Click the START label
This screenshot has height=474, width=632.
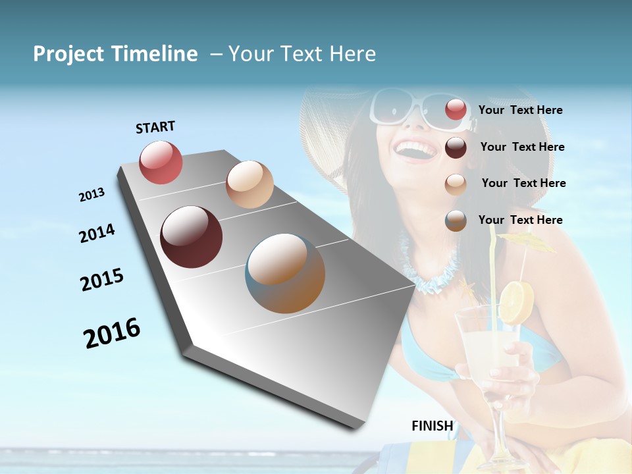(x=155, y=127)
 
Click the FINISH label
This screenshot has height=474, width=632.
(x=433, y=426)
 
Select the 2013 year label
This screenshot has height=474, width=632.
(x=92, y=195)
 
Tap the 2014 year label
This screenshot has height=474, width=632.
(x=97, y=233)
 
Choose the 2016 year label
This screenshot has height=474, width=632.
(x=112, y=332)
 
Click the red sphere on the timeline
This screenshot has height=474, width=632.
(x=161, y=162)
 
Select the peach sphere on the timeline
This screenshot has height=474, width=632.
(x=250, y=184)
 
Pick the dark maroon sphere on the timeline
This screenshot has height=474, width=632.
(x=191, y=237)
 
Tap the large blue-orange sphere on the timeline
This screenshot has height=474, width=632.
(x=285, y=273)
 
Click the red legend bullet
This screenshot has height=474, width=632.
(x=456, y=109)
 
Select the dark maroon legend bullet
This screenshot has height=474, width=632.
(x=456, y=147)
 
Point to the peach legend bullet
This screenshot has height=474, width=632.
(x=456, y=184)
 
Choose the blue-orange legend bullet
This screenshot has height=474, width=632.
(x=456, y=221)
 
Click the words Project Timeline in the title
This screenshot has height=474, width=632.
(x=115, y=54)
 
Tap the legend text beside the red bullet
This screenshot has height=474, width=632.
(x=520, y=110)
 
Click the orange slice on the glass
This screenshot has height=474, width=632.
(x=515, y=303)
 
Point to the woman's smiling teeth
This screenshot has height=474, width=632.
(x=416, y=148)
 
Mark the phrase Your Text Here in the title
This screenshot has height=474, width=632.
(x=302, y=54)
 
